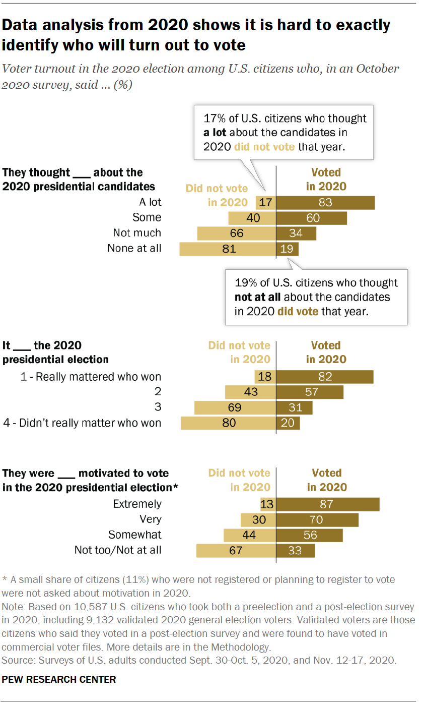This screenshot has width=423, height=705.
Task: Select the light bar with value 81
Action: pyautogui.click(x=228, y=249)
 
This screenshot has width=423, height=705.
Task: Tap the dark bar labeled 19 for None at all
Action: pyautogui.click(x=287, y=249)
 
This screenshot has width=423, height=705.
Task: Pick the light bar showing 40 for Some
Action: pyautogui.click(x=252, y=218)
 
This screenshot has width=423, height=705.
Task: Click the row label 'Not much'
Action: pyautogui.click(x=137, y=233)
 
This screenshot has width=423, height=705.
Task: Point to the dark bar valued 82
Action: pyautogui.click(x=324, y=377)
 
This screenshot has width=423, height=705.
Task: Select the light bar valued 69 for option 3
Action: pyautogui.click(x=235, y=407)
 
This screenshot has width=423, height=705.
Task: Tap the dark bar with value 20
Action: pyautogui.click(x=288, y=423)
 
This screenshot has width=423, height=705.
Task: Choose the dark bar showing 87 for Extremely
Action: pyautogui.click(x=327, y=504)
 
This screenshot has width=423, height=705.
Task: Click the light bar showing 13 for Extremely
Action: pyautogui.click(x=267, y=504)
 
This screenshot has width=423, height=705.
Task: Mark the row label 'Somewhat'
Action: pyautogui.click(x=135, y=535)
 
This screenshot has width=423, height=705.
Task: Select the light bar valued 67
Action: pyautogui.click(x=236, y=550)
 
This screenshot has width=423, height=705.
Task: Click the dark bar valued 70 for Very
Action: pyautogui.click(x=317, y=519)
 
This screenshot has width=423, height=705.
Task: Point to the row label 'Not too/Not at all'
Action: pyautogui.click(x=118, y=550)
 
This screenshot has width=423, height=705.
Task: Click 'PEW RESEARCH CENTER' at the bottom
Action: pyautogui.click(x=59, y=679)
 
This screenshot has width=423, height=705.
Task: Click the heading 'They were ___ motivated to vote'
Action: pyautogui.click(x=86, y=473)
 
